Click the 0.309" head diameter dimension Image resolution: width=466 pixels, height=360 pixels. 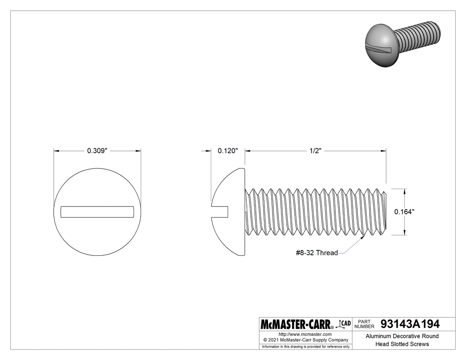97,151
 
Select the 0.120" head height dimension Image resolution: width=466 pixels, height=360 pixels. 228,151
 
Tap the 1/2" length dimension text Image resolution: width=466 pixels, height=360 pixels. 315,151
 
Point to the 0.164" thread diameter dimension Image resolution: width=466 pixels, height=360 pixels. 404,212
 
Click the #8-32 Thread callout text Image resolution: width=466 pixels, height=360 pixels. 316,253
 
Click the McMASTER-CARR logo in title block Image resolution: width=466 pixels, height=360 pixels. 296,324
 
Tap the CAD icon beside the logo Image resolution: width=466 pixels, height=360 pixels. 345,324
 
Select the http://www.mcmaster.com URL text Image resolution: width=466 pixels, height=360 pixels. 305,334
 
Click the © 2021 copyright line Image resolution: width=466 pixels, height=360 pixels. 305,340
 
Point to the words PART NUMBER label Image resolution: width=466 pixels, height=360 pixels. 365,324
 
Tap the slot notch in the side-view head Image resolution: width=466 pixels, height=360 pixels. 220,211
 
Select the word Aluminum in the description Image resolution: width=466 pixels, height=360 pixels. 379,336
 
